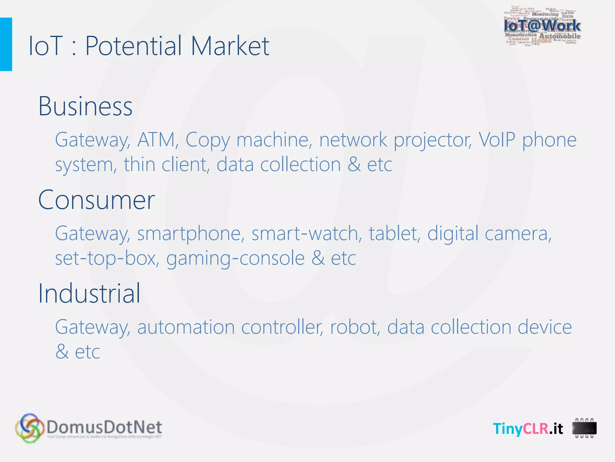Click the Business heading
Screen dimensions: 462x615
(85, 106)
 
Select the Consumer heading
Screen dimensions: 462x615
(96, 200)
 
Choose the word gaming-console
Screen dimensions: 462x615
(235, 258)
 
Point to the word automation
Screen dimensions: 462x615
(186, 327)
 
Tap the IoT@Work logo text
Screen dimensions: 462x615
(542, 26)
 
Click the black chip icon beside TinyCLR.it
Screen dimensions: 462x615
(584, 428)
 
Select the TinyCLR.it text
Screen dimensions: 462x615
(528, 428)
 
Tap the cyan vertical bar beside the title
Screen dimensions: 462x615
(6, 44)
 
